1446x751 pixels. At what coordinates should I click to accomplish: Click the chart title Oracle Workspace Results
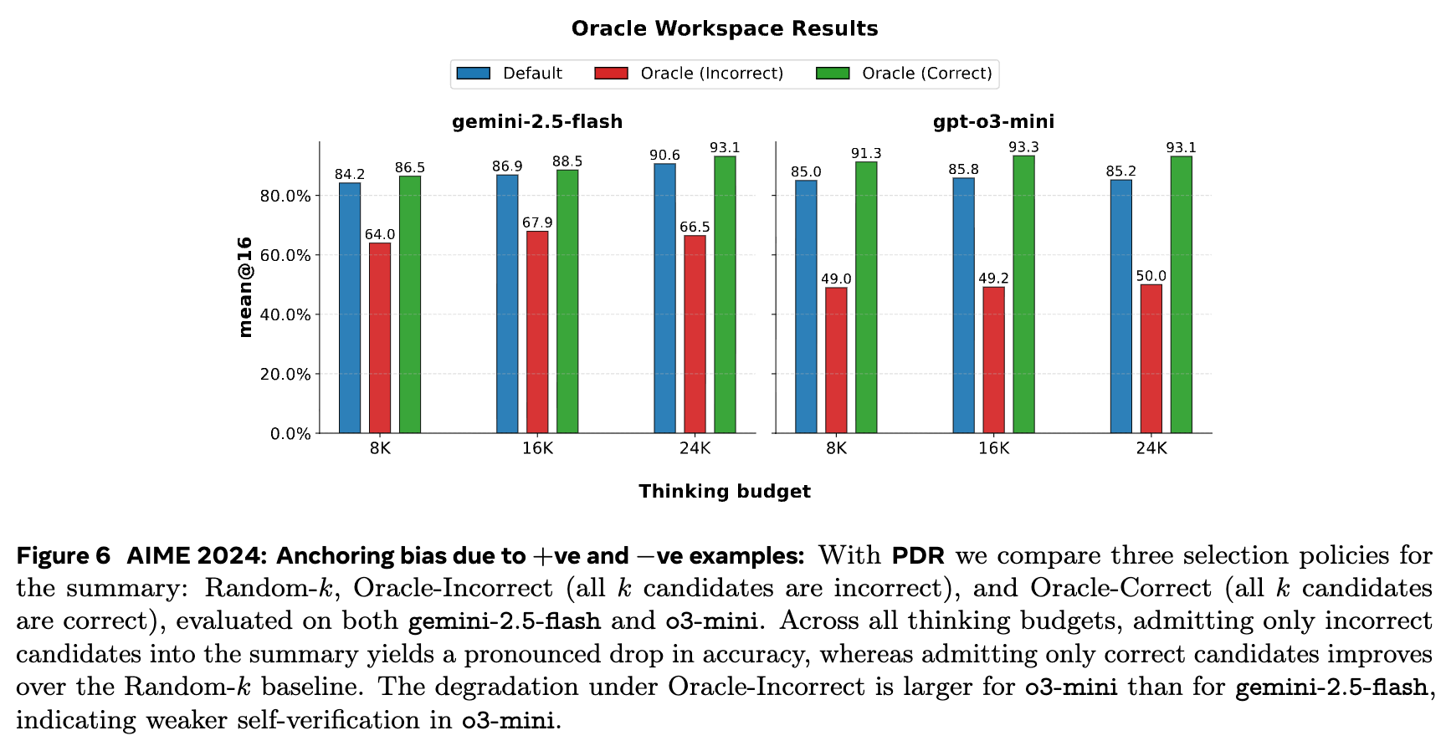[724, 28]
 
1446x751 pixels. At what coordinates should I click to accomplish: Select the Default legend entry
[510, 74]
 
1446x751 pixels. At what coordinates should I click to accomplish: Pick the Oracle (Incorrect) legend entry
[690, 74]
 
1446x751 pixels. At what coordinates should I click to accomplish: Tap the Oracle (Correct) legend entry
[905, 74]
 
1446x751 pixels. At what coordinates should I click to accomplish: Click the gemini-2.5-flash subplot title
[537, 122]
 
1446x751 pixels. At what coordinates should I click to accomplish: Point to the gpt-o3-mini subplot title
[993, 122]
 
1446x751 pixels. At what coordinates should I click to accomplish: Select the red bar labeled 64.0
[380, 338]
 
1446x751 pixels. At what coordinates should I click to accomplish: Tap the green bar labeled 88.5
[567, 301]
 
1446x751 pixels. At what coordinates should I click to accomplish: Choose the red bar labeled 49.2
[993, 360]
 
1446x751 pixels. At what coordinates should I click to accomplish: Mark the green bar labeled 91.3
[866, 297]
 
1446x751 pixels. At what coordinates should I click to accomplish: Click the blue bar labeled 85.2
[1120, 306]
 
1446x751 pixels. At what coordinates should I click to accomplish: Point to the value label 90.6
[664, 156]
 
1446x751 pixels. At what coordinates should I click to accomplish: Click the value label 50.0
[1151, 276]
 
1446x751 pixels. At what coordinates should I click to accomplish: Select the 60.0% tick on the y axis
[285, 255]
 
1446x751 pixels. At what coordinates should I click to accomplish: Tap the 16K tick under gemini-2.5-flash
[537, 448]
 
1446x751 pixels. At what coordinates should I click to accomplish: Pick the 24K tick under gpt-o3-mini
[1151, 448]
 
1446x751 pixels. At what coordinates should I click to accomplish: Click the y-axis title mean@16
[245, 287]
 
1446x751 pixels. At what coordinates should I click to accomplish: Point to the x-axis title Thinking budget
[724, 492]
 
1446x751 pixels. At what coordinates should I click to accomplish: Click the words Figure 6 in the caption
[64, 556]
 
